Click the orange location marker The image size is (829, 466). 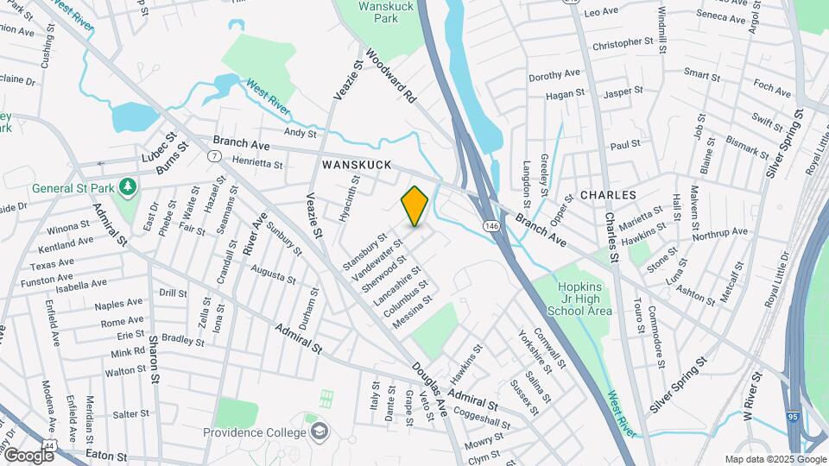pyautogui.click(x=414, y=206)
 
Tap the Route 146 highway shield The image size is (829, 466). pyautogui.click(x=490, y=226)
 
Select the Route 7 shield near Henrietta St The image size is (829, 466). pyautogui.click(x=213, y=156)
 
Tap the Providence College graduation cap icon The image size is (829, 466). pyautogui.click(x=320, y=431)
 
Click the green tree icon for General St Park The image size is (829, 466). pyautogui.click(x=127, y=186)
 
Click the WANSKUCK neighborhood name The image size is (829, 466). pyautogui.click(x=357, y=164)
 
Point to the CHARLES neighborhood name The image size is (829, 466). pyautogui.click(x=608, y=196)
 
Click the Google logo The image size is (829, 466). pyautogui.click(x=28, y=455)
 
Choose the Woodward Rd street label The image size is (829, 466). pyautogui.click(x=391, y=76)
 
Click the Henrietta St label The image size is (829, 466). pyautogui.click(x=258, y=161)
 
